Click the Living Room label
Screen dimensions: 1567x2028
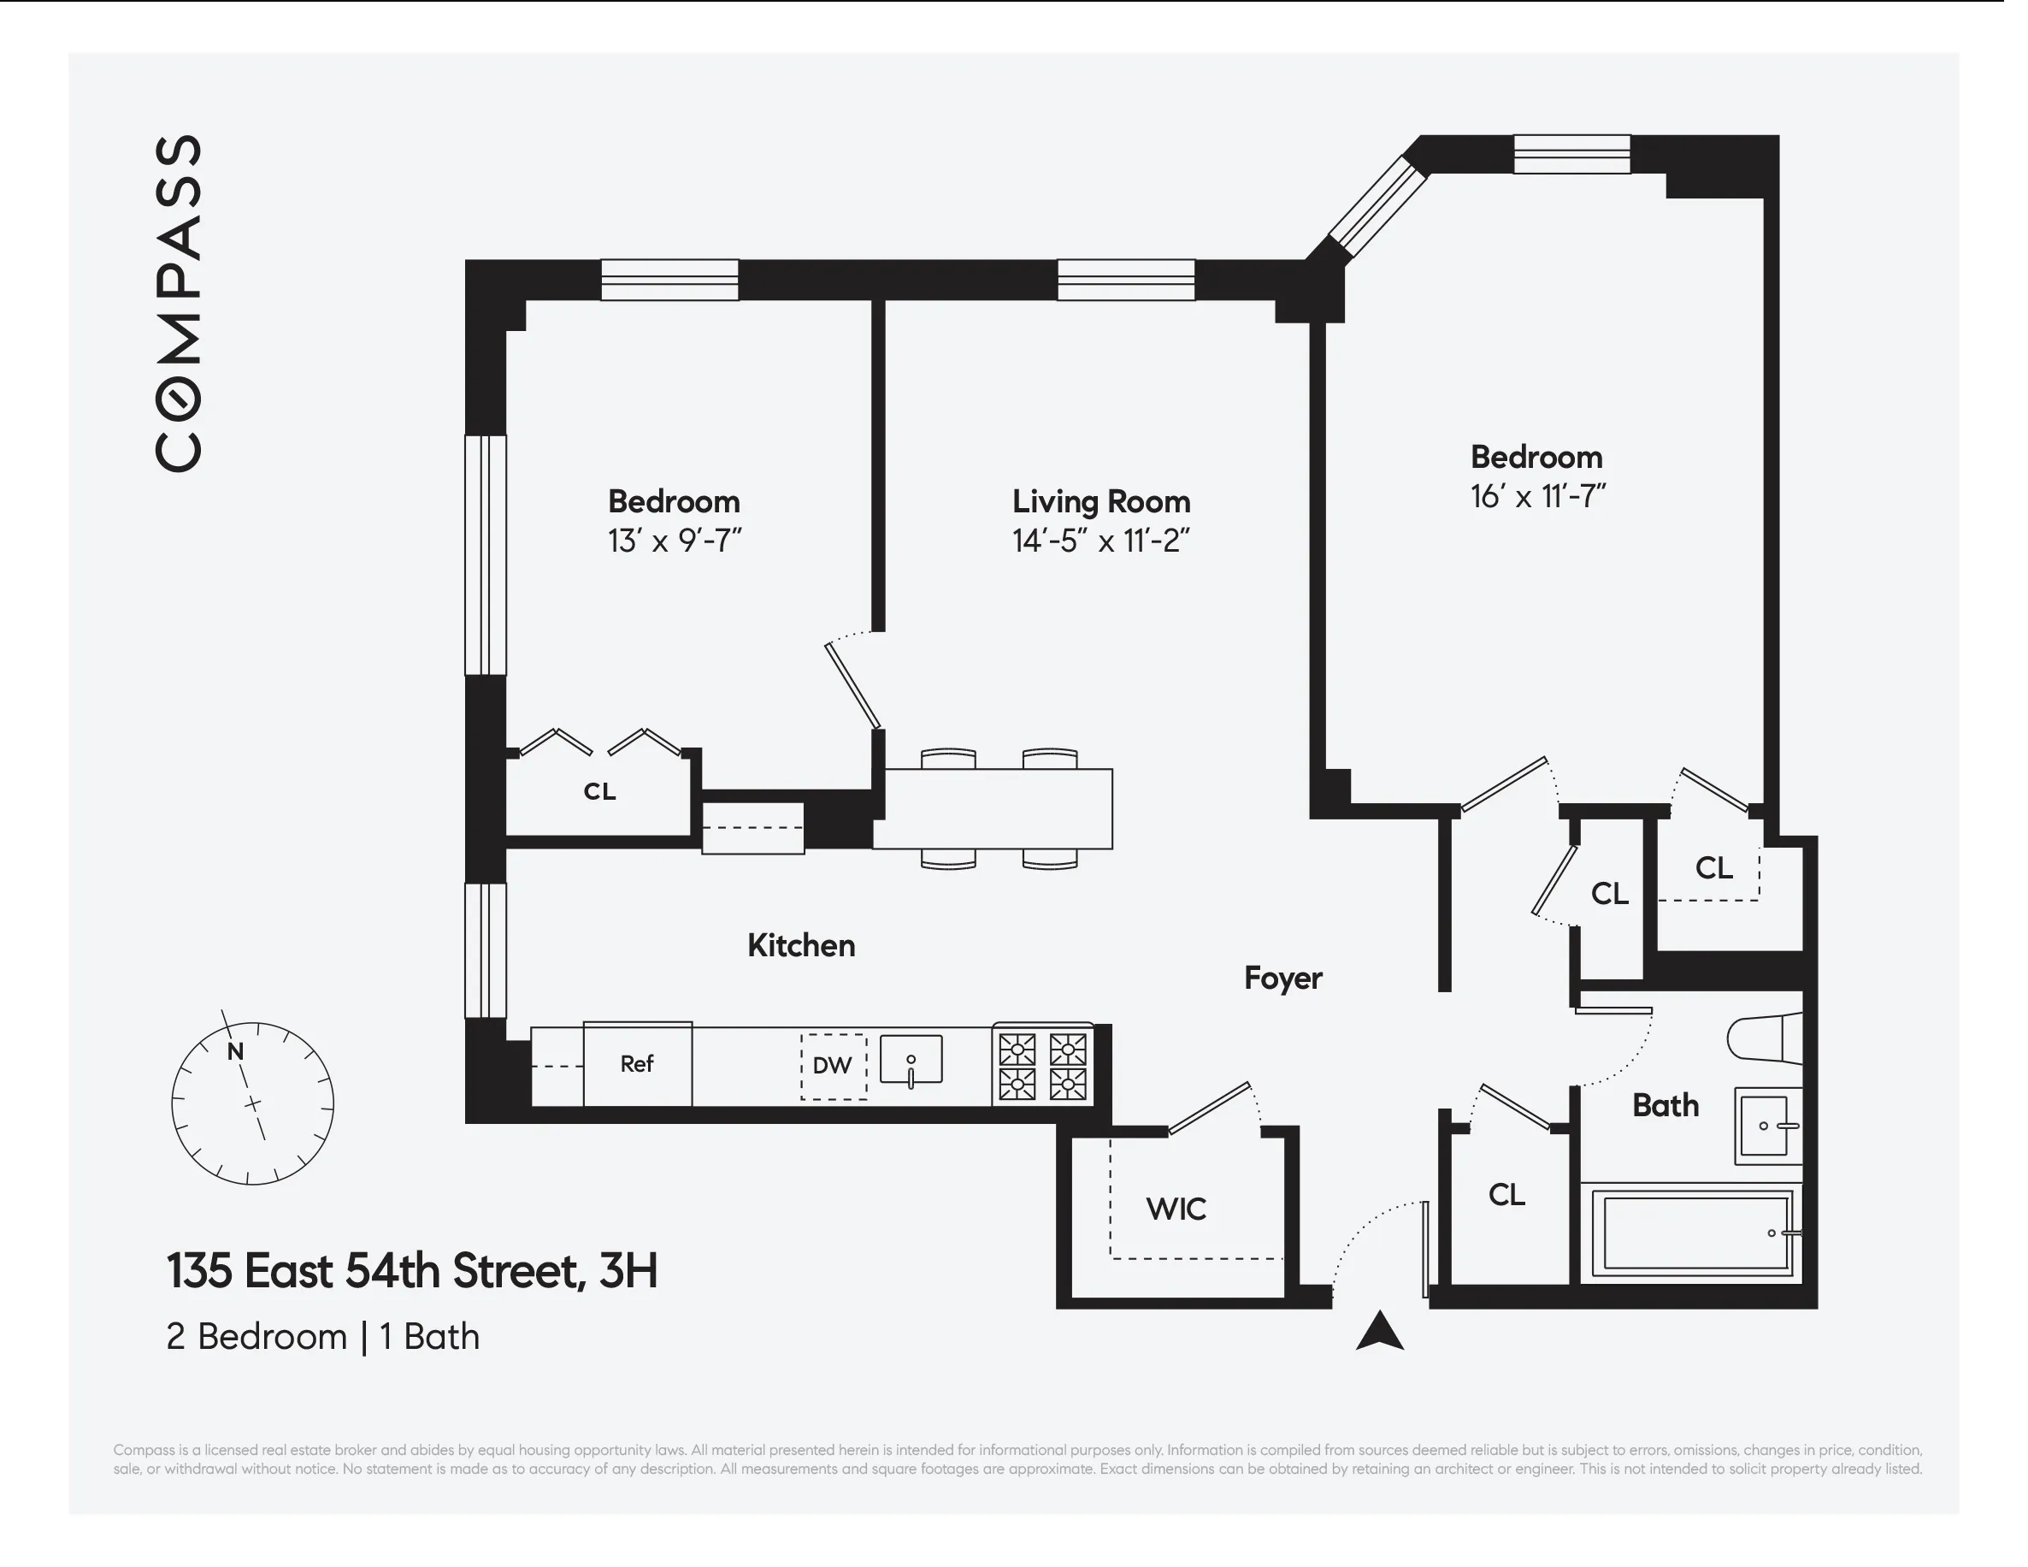[x=1101, y=501]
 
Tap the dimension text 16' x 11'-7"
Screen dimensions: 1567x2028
[x=1538, y=497]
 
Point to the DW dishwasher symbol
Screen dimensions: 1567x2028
[x=833, y=1067]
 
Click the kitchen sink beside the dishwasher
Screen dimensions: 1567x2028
[x=911, y=1060]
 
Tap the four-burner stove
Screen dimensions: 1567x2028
[x=1043, y=1067]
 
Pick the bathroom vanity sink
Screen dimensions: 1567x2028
[x=1766, y=1126]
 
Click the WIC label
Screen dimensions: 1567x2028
[x=1176, y=1209]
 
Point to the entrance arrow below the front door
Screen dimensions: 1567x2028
[x=1379, y=1330]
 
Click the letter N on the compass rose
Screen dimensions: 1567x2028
[x=235, y=1051]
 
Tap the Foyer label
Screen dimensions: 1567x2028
[x=1282, y=979]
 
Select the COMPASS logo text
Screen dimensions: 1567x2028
[x=179, y=303]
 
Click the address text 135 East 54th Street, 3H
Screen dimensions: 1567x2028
[x=411, y=1271]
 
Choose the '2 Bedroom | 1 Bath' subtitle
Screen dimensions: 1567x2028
[x=322, y=1337]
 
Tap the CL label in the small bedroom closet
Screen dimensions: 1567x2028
[x=599, y=791]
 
